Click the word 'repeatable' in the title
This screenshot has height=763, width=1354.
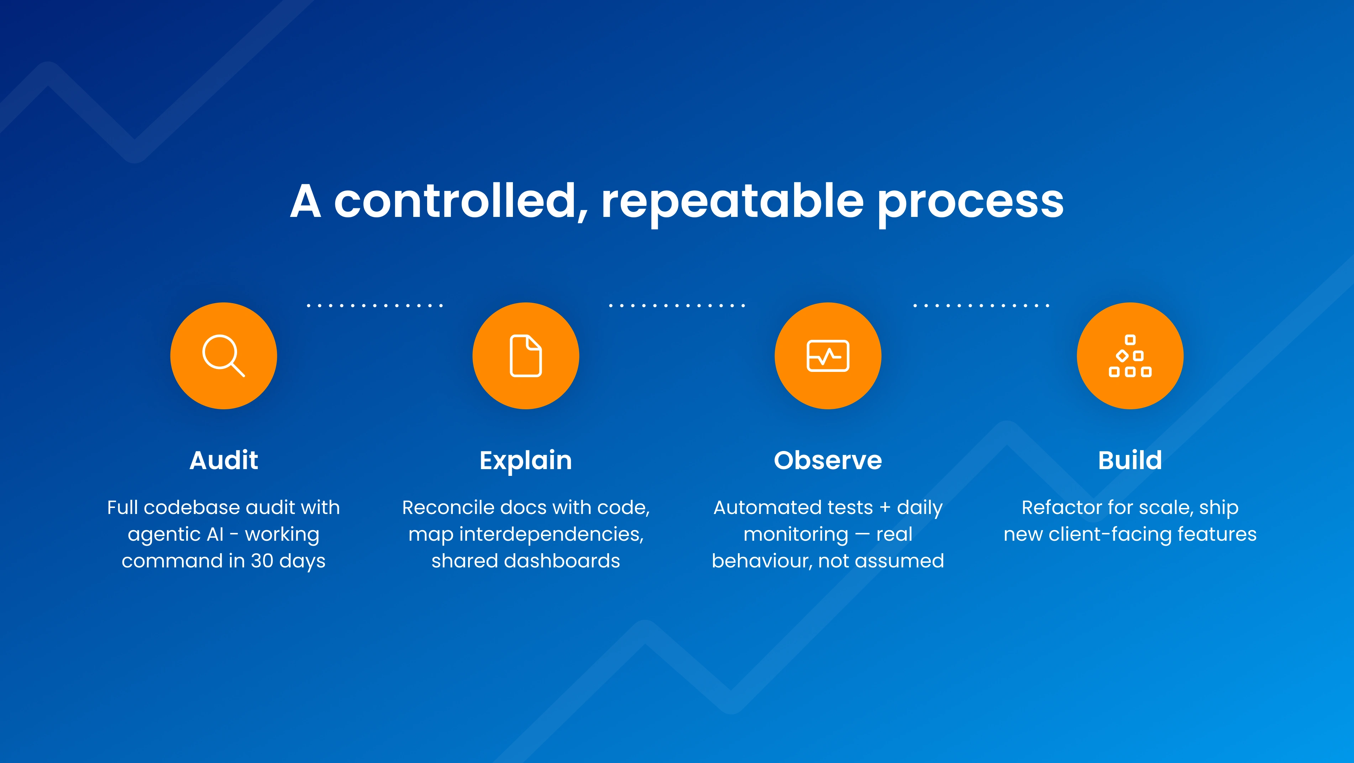pos(733,202)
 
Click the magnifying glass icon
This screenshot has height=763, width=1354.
pos(224,355)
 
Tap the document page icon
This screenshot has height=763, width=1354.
pos(526,355)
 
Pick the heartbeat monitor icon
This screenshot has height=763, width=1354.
pos(828,356)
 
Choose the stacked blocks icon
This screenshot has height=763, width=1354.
pos(1130,356)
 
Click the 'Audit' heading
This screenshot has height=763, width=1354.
pos(224,460)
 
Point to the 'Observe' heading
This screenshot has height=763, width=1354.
pos(828,461)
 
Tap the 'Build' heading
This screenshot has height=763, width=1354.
pos(1130,460)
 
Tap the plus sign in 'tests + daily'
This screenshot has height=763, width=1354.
pos(885,508)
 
